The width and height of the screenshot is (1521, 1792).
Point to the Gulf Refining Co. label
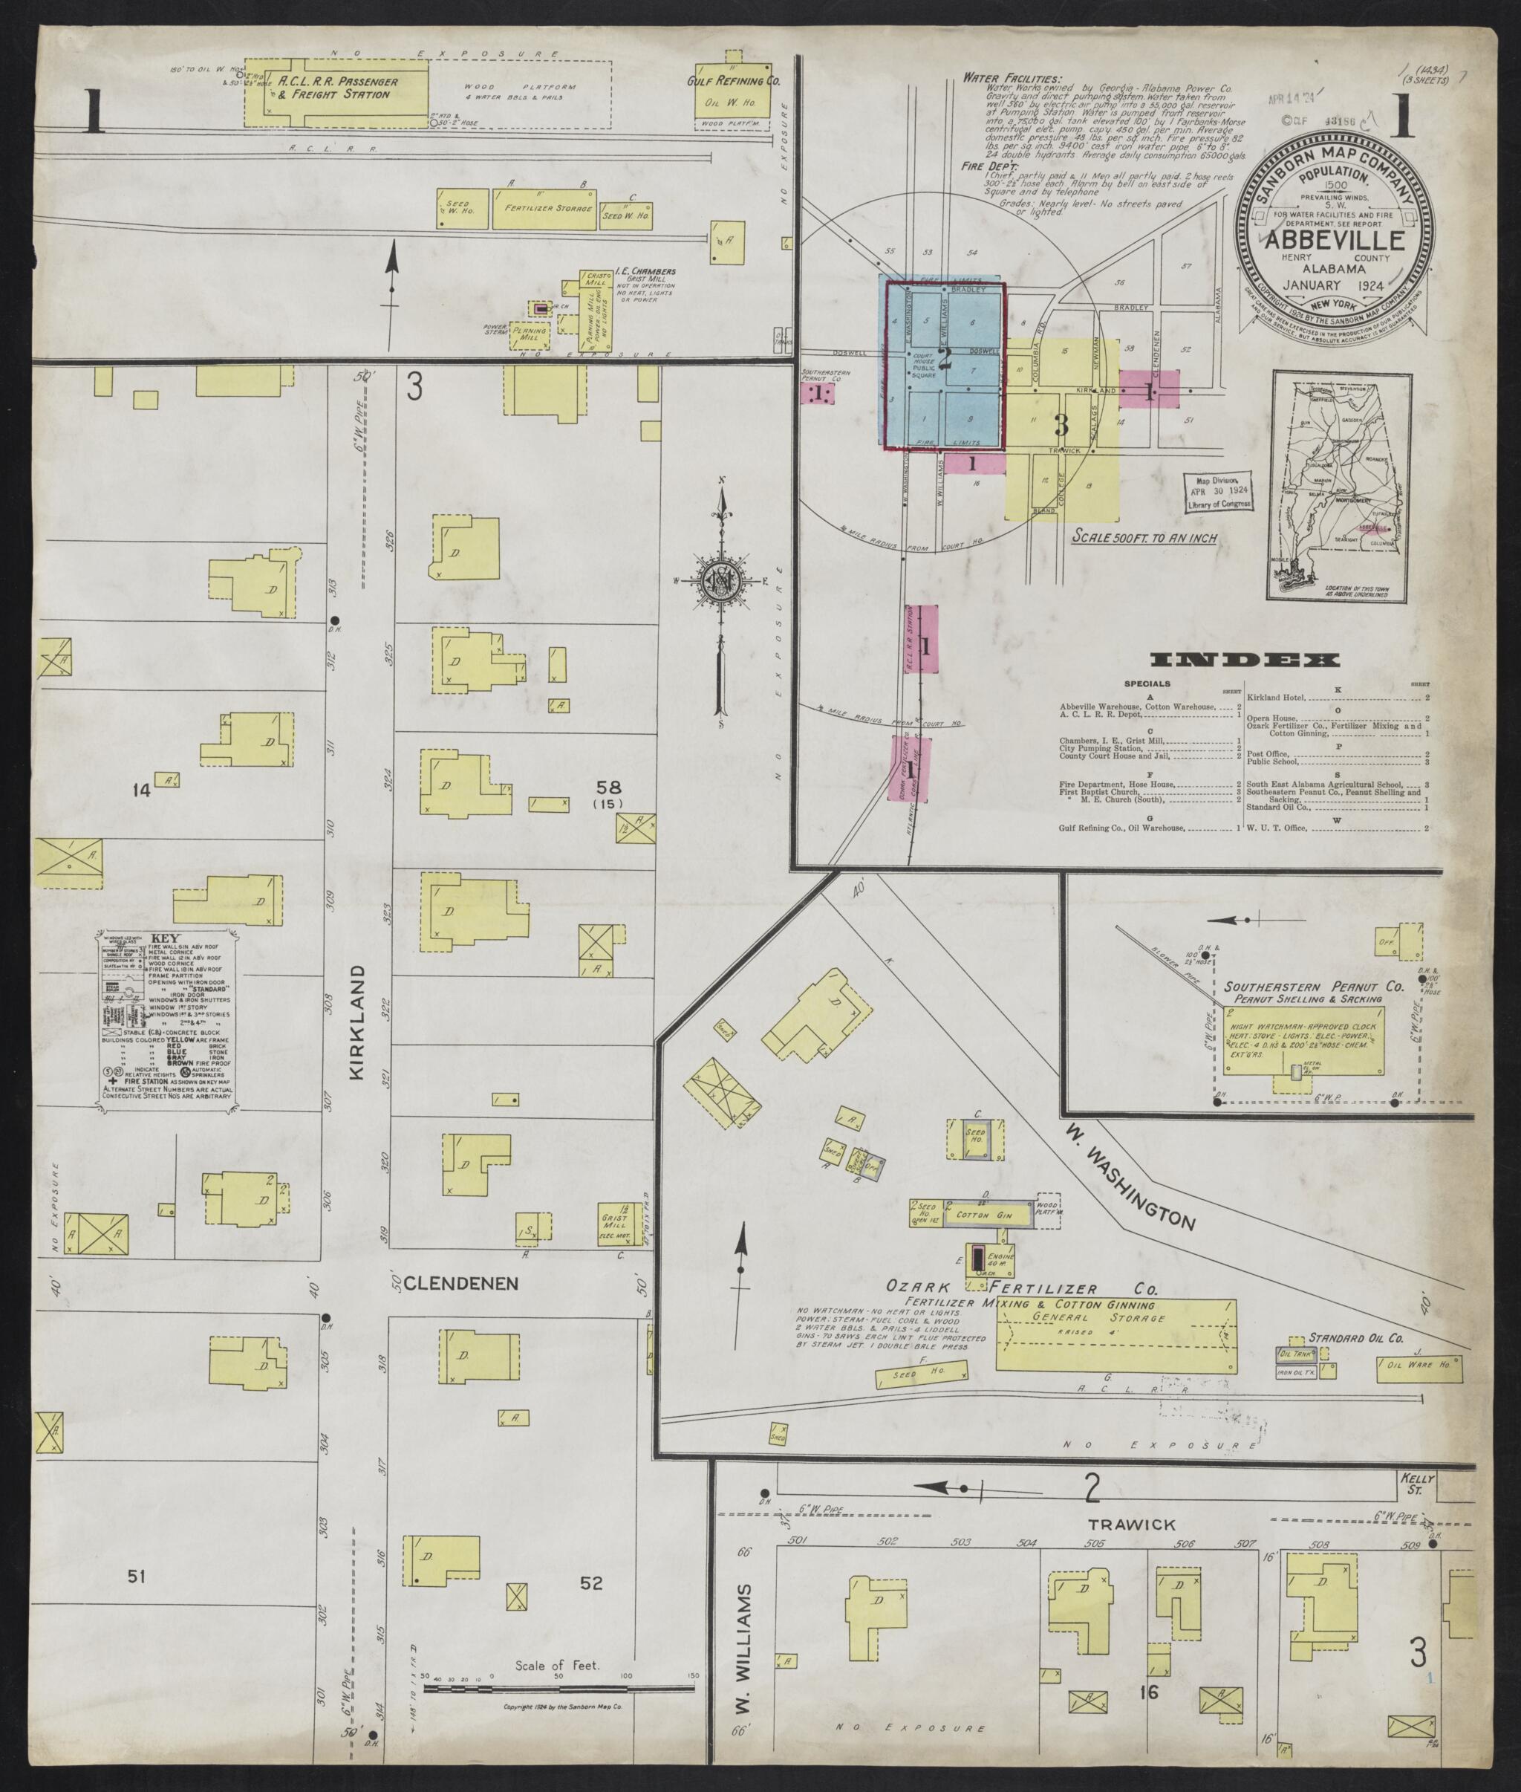[733, 81]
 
